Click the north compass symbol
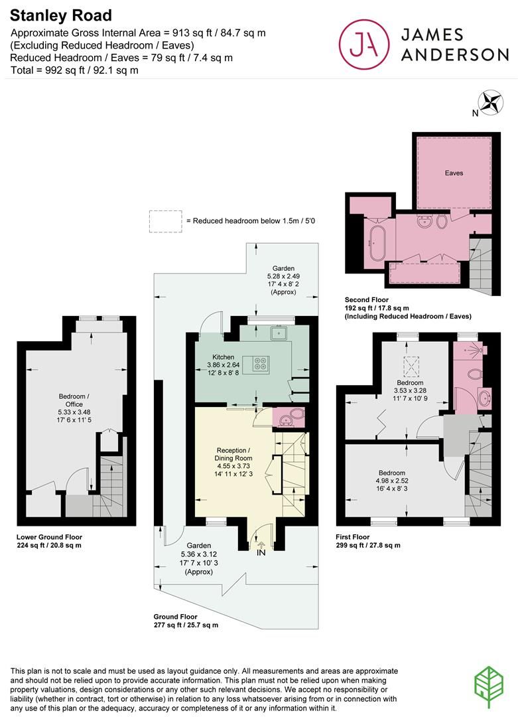[491, 103]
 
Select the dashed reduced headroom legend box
[165, 221]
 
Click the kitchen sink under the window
[277, 332]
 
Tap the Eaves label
[454, 173]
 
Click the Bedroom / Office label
[74, 402]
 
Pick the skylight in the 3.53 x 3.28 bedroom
[411, 364]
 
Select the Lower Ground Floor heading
[50, 536]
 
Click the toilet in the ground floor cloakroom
[294, 418]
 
